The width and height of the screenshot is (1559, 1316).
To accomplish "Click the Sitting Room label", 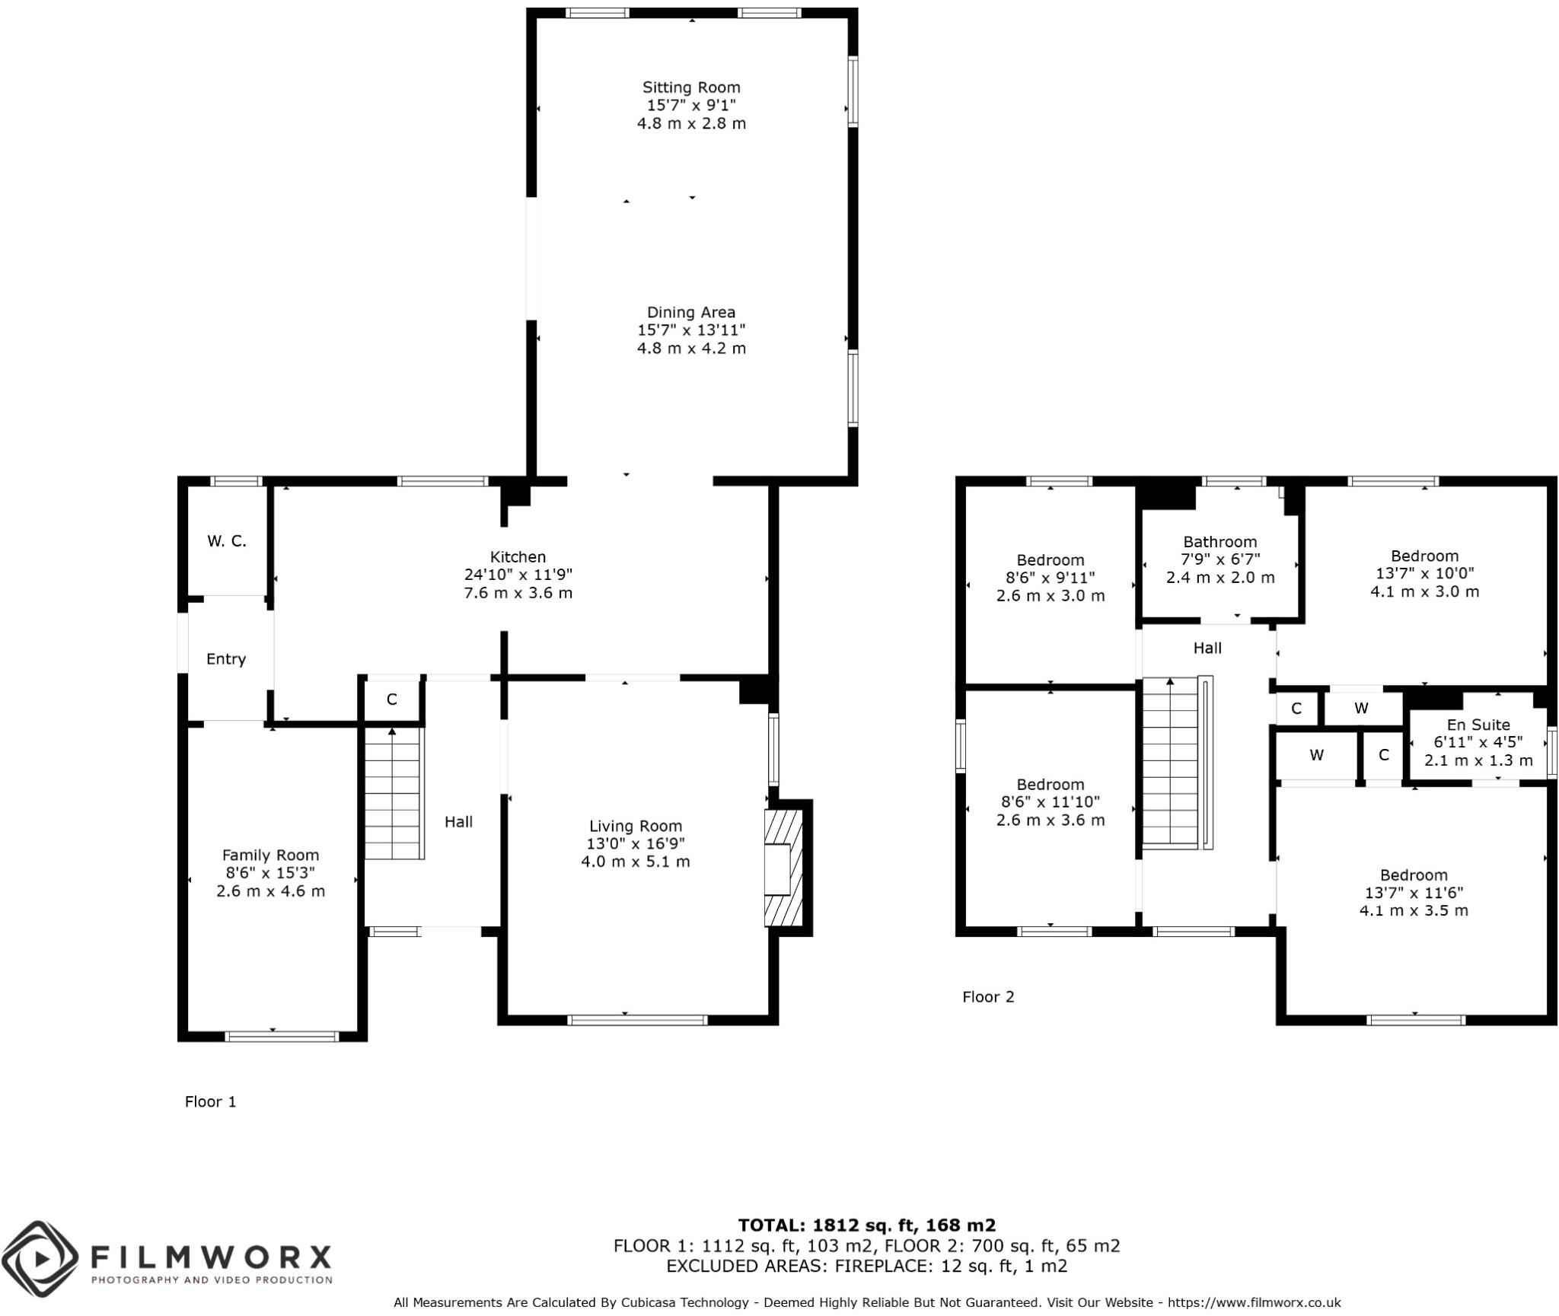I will click(x=690, y=88).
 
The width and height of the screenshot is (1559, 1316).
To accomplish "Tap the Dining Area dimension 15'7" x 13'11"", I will click(x=690, y=330).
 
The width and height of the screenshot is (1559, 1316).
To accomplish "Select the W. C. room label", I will click(x=226, y=541).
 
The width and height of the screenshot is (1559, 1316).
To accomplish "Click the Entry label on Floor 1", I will click(x=226, y=659).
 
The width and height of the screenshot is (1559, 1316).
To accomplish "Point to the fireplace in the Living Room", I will click(x=783, y=868).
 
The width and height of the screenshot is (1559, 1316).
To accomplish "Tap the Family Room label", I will click(x=270, y=856).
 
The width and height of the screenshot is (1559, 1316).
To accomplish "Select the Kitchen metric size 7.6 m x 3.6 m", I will click(x=518, y=593).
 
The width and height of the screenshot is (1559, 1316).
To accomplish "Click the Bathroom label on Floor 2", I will click(x=1219, y=542).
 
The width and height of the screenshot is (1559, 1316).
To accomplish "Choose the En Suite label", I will click(x=1478, y=725).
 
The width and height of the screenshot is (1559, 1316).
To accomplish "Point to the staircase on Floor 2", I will click(x=1171, y=762).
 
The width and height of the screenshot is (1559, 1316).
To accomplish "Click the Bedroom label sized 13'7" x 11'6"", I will click(x=1414, y=875).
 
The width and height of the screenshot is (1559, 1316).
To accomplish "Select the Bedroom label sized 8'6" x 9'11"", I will click(x=1050, y=560).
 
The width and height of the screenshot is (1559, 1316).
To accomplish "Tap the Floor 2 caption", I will click(x=988, y=997).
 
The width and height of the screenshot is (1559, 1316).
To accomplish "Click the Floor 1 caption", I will click(x=210, y=1102).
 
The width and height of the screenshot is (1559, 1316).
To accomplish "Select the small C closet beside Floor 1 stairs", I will click(x=391, y=699).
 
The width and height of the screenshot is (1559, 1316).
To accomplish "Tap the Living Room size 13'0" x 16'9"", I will click(x=635, y=844).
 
